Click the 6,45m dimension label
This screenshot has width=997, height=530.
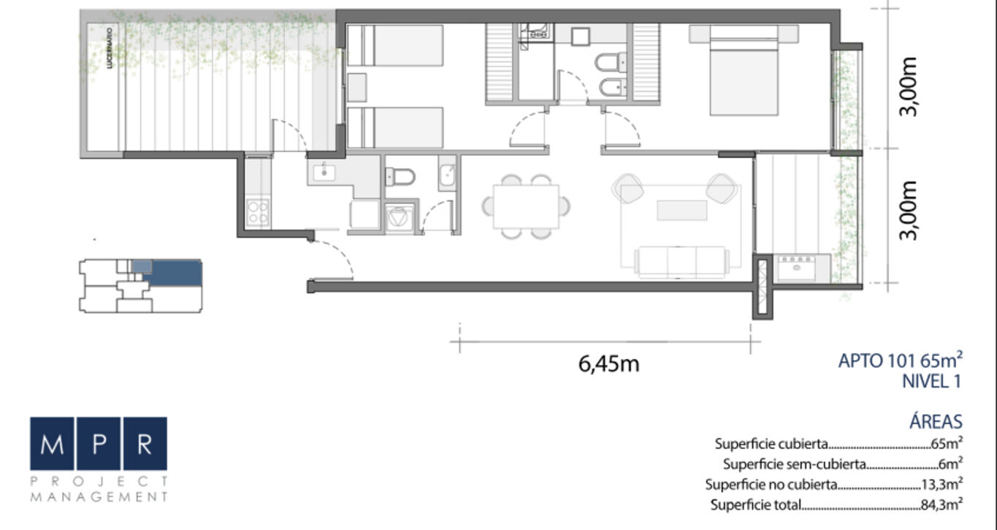608,364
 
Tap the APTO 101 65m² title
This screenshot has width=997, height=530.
901,360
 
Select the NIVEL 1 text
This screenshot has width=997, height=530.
931,382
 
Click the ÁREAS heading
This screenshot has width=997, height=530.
936,421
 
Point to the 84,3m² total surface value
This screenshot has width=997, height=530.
941,504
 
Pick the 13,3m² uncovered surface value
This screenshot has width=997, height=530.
941,484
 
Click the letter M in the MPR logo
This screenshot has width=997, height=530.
52,444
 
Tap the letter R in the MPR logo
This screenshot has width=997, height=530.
145,444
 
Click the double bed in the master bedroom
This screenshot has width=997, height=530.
744,70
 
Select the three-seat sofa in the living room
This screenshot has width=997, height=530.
681,262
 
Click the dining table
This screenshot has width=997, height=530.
526,207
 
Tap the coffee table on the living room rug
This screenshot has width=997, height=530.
682,211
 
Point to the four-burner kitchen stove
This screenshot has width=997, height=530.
258,213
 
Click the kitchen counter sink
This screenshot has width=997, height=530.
324,173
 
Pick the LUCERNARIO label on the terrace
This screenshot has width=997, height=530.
110,48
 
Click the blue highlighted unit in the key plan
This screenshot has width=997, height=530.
172,273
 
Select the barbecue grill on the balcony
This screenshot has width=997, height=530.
796,268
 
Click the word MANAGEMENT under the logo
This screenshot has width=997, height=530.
99,497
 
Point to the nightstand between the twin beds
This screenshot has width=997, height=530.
357,87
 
